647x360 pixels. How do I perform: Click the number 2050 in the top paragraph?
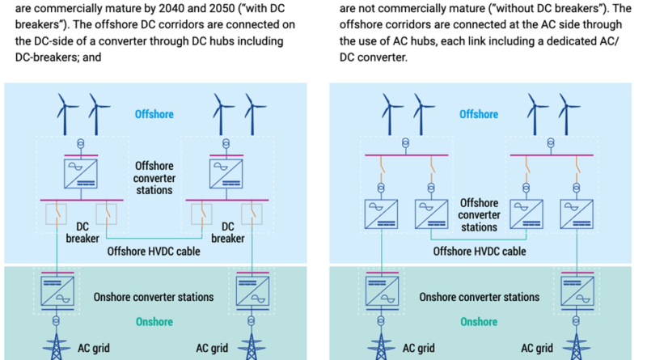(223, 8)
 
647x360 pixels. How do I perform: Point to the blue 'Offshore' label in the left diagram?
(154, 114)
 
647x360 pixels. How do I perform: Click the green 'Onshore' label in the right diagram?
(479, 322)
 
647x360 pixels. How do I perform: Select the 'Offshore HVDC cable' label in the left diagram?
(154, 252)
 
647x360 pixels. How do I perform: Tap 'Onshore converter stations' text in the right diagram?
(479, 297)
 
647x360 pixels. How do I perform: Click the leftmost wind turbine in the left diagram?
(65, 114)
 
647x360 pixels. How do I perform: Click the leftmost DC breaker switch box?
(56, 214)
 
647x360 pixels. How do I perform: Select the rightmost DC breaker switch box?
(252, 214)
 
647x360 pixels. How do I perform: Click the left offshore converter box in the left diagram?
(81, 174)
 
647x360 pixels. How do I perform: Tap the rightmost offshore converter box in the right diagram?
(577, 214)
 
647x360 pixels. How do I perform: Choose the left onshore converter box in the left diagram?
(57, 291)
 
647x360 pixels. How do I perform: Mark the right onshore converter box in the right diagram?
(577, 291)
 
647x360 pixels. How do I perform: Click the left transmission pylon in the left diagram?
(56, 346)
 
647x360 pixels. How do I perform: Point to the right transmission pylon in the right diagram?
(576, 346)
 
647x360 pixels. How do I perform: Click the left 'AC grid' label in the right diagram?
(418, 349)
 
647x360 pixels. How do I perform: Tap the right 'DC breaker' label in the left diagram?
(228, 232)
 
